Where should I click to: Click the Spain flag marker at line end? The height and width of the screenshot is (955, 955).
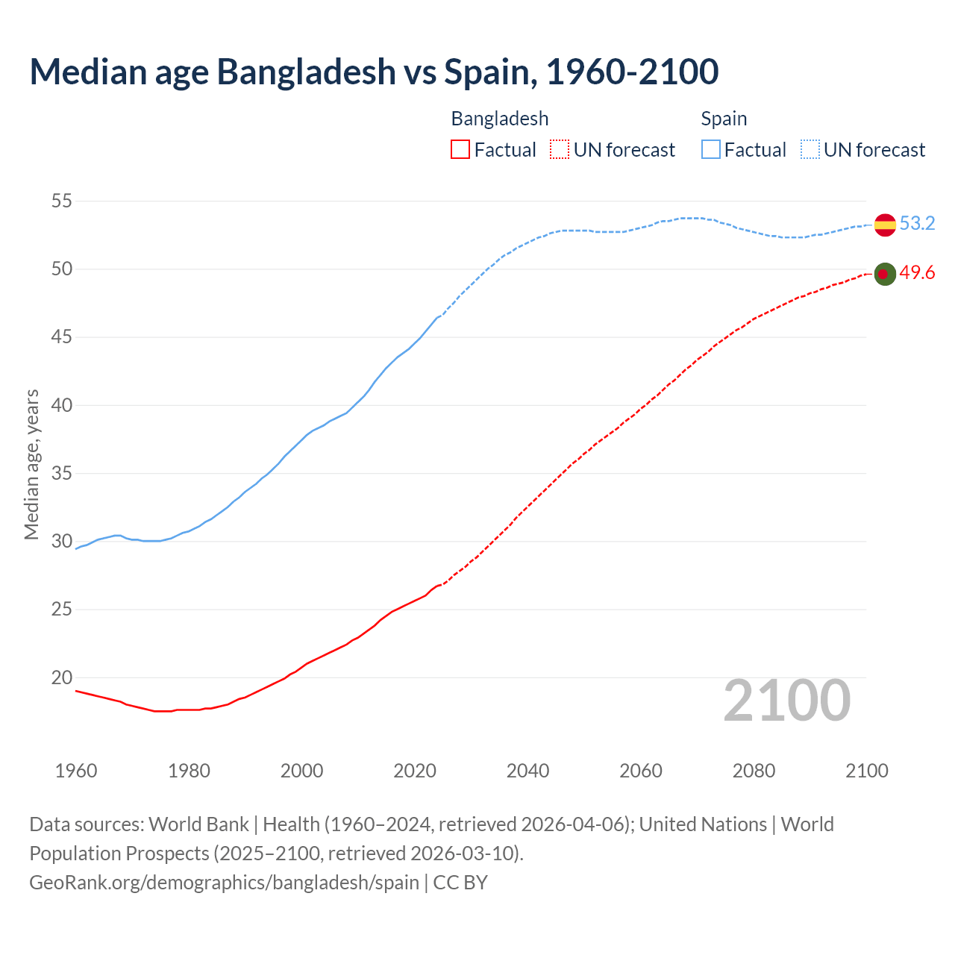(x=885, y=225)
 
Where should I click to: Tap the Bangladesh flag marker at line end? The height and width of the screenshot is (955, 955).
(x=885, y=275)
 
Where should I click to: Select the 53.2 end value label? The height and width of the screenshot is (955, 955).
(x=917, y=223)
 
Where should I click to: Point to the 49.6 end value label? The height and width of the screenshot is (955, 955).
(x=917, y=273)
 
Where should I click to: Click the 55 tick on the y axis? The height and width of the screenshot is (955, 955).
(x=62, y=201)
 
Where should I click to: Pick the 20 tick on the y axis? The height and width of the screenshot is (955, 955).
(x=62, y=677)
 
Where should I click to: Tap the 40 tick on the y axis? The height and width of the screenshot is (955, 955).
(x=62, y=405)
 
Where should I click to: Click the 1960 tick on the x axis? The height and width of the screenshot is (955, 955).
(x=76, y=771)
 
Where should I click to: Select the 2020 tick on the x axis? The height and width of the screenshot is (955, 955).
(x=415, y=771)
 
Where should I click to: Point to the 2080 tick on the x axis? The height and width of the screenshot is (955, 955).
(x=754, y=771)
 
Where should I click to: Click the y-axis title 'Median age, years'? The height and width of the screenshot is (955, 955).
(x=31, y=464)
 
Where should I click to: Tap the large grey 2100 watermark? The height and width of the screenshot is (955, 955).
(x=786, y=700)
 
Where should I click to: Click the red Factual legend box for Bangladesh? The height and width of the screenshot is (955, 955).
(x=460, y=150)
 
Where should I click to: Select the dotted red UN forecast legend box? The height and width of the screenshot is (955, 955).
(x=560, y=150)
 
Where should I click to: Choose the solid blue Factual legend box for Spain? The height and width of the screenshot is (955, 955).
(x=711, y=150)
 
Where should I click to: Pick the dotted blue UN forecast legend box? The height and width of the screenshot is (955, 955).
(x=810, y=150)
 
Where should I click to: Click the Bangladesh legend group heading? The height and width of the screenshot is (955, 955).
(x=500, y=119)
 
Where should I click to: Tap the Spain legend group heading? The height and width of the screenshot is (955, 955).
(x=724, y=119)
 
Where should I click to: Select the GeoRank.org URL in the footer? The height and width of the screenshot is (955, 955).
(x=224, y=882)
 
